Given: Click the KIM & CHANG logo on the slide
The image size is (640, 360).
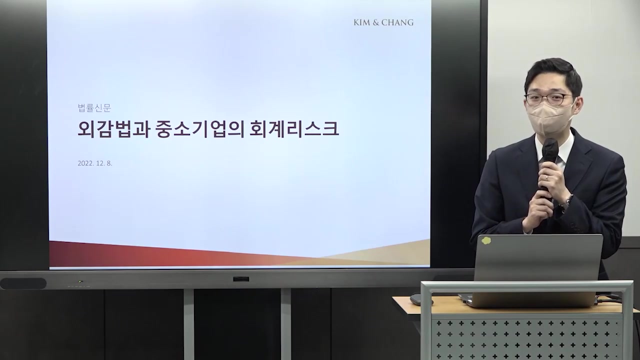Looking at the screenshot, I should (x=383, y=22).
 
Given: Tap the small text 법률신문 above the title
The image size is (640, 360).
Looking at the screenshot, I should (x=94, y=108).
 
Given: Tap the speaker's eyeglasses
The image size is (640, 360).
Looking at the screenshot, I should (x=548, y=98).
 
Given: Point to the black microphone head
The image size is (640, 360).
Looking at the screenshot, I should (x=549, y=149).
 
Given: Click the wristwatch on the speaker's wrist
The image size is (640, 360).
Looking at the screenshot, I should (x=566, y=202).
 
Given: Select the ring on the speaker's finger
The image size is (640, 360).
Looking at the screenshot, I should (x=546, y=177).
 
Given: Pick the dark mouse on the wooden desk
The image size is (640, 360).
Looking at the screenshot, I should (x=417, y=299).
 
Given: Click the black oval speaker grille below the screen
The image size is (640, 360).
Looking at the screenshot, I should (x=23, y=283).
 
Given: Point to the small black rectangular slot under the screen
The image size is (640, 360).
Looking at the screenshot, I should (x=241, y=278).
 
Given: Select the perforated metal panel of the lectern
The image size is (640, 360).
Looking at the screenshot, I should (x=525, y=337).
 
